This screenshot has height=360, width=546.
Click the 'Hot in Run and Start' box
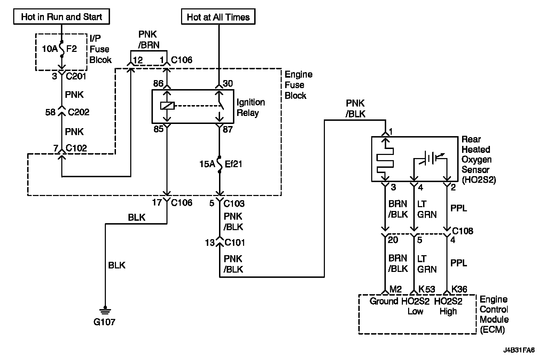click(x=62, y=17)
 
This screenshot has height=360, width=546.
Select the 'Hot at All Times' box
click(x=218, y=17)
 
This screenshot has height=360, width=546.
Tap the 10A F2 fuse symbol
click(x=62, y=49)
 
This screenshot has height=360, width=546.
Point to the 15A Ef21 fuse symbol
click(x=219, y=164)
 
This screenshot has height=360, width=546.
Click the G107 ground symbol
click(x=105, y=311)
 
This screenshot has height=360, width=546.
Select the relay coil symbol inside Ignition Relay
click(x=167, y=105)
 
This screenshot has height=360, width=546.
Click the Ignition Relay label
click(x=251, y=108)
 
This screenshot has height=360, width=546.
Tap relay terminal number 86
click(x=158, y=83)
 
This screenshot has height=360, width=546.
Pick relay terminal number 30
click(x=228, y=83)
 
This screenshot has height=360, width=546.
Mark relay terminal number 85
click(x=158, y=129)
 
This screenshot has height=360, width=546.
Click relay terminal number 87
click(x=228, y=129)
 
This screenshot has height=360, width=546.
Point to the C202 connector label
click(x=78, y=112)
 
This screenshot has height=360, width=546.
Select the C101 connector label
click(x=234, y=243)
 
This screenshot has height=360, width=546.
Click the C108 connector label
click(x=463, y=231)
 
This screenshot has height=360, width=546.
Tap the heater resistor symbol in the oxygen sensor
click(x=385, y=161)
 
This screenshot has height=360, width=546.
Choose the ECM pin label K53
click(x=427, y=289)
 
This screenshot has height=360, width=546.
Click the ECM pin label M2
click(x=395, y=289)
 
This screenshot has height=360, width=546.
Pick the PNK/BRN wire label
click(x=149, y=39)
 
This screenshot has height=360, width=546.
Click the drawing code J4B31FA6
click(x=519, y=350)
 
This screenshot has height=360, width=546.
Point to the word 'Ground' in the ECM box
click(x=384, y=301)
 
